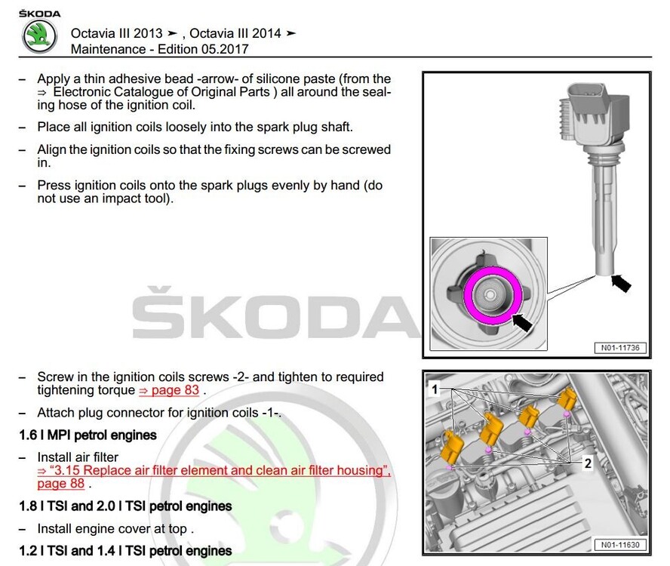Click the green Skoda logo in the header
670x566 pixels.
[40, 36]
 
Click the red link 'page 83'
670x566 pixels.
[169, 390]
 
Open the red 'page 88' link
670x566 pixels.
[60, 484]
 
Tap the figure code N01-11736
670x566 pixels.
[620, 348]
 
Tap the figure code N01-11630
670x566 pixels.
[620, 545]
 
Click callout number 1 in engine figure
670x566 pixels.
[435, 389]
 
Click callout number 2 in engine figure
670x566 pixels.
[588, 463]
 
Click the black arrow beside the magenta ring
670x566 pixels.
[521, 321]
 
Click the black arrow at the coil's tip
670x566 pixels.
[621, 283]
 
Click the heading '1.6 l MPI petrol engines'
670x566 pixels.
[88, 435]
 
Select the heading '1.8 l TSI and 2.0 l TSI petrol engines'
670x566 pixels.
[125, 506]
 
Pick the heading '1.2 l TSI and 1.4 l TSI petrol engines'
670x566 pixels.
[125, 551]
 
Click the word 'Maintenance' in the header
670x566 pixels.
[108, 49]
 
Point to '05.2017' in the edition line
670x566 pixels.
[225, 49]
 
